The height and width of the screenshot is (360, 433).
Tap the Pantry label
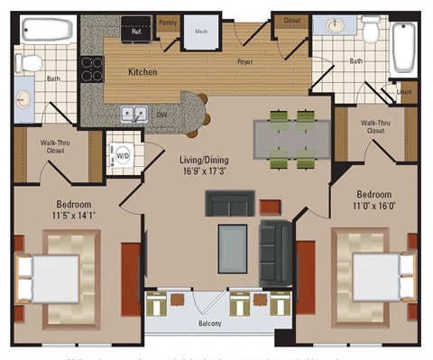pyautogui.click(x=167, y=21)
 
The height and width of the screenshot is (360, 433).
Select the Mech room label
pyautogui.click(x=200, y=30)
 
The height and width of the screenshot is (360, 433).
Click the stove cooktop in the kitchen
pyautogui.click(x=93, y=69)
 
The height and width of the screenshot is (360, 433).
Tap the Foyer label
pyautogui.click(x=244, y=61)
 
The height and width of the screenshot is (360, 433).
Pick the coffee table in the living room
pyautogui.click(x=232, y=247)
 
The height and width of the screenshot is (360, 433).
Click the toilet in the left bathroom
pyautogui.click(x=31, y=63)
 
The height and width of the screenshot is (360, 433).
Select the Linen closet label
pyautogui.click(x=404, y=92)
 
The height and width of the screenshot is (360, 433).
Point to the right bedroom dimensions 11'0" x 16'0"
pyautogui.click(x=373, y=207)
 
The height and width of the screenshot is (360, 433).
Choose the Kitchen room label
pyautogui.click(x=143, y=70)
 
